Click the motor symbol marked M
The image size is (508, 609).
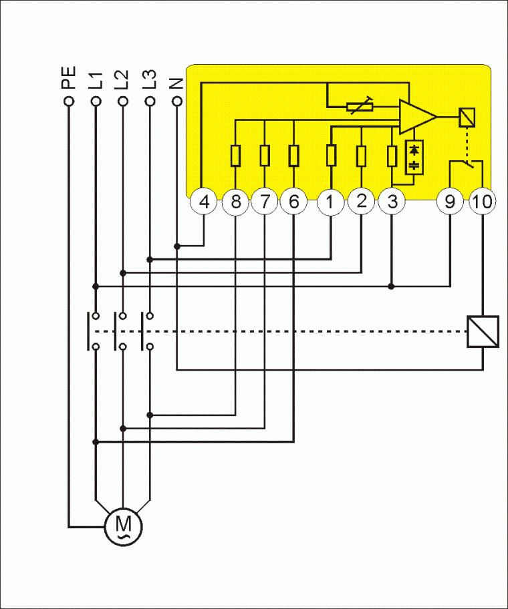123,526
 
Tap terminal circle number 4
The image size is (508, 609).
205,202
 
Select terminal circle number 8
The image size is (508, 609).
235,202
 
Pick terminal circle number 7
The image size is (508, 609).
265,202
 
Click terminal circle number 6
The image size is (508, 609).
294,202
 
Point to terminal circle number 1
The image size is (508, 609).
331,202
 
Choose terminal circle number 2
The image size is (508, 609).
361,202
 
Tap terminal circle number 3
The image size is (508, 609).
391,202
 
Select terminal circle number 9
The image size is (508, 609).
449,202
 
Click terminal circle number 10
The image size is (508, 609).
482,202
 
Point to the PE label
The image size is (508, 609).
68,77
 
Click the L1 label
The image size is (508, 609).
96,79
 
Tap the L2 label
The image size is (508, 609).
122,79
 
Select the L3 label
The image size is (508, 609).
150,79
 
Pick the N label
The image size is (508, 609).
176,83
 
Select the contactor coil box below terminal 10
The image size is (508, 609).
482,332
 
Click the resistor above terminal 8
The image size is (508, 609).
235,155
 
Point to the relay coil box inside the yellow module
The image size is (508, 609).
467,117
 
